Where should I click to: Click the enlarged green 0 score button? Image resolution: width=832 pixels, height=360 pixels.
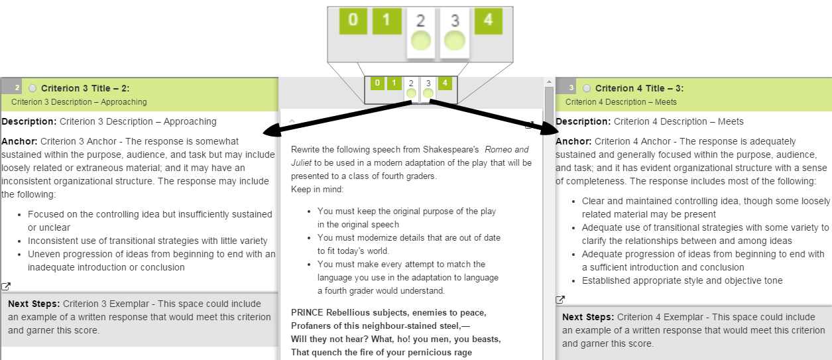tap(353, 21)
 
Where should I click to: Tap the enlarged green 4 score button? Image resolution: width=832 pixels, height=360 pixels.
tap(489, 21)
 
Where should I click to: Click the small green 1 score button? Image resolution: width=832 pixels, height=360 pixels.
tap(394, 83)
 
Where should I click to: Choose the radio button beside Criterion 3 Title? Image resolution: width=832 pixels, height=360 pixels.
tap(33, 88)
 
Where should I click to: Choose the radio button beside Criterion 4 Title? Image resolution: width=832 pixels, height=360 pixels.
tap(587, 88)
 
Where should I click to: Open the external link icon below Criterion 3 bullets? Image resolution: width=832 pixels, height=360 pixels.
tap(6, 286)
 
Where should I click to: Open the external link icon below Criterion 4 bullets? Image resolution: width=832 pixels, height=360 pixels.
tap(560, 300)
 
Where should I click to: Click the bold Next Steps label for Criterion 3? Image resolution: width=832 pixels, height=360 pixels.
tap(34, 304)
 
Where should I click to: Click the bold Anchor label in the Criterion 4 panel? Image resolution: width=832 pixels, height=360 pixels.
tap(573, 141)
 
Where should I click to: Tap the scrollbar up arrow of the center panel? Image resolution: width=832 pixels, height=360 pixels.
tap(548, 82)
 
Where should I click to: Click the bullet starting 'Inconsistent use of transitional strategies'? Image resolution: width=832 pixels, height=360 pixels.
tap(148, 241)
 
